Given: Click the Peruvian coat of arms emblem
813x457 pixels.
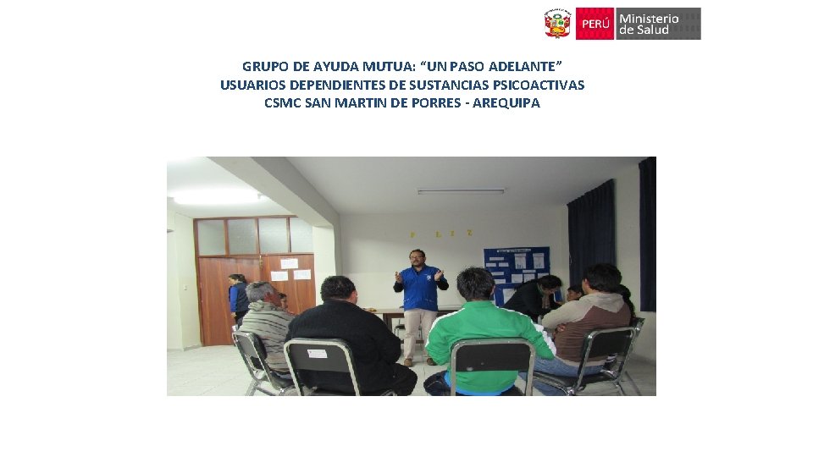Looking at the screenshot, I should click(557, 24).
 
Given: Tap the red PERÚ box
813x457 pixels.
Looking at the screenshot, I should click(595, 24).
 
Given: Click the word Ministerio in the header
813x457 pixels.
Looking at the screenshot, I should click(649, 19).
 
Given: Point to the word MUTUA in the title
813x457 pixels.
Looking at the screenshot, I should click(357, 66).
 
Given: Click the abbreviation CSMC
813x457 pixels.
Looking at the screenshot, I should click(283, 103).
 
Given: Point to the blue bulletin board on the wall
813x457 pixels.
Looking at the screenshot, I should click(516, 271).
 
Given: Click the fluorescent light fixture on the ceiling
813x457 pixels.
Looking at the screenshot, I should click(461, 191).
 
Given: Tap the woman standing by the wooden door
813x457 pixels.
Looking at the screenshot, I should click(238, 298).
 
